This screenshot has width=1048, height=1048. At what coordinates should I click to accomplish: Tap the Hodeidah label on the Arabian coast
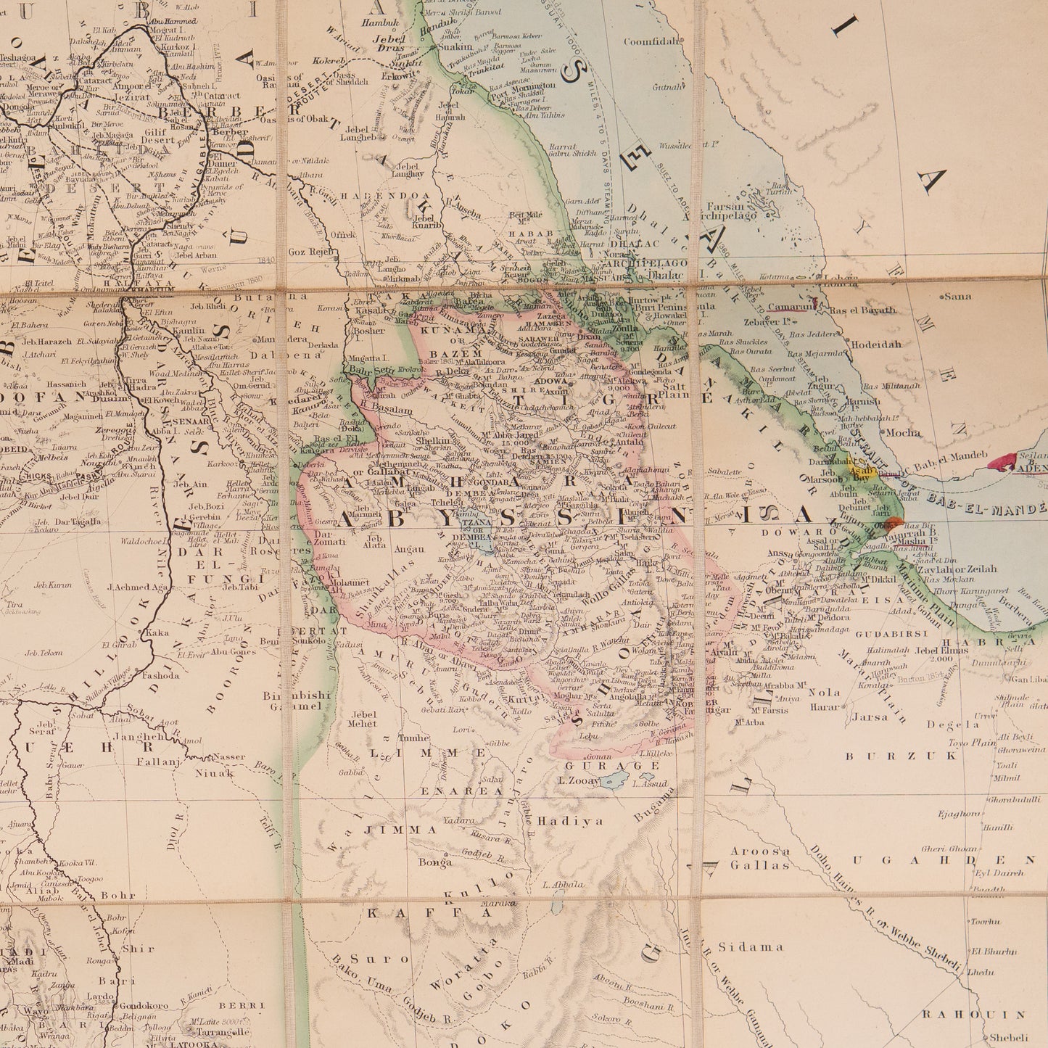[x=876, y=344]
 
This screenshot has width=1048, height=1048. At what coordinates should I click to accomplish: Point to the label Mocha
[x=903, y=433]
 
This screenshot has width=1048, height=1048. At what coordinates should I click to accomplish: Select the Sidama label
[x=751, y=946]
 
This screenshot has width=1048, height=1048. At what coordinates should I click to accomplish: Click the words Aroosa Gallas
[x=759, y=858]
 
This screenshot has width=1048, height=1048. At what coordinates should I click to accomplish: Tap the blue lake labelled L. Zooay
[x=613, y=779]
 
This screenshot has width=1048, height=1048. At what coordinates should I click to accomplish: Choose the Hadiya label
[x=561, y=821]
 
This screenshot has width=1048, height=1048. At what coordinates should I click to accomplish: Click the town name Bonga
[x=435, y=862]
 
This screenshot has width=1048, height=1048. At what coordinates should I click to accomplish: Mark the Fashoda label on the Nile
[x=160, y=675]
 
